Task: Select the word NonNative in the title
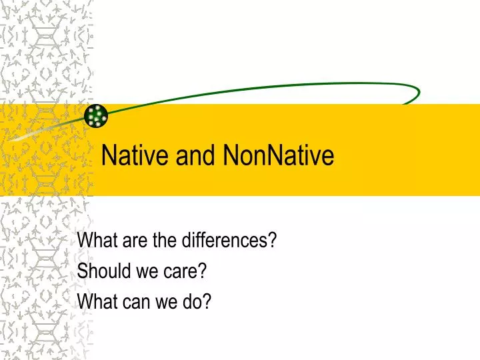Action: point(279,155)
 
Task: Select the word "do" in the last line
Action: point(194,301)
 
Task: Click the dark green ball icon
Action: point(97,116)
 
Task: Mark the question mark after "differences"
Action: point(273,240)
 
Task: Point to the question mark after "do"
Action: point(207,301)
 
